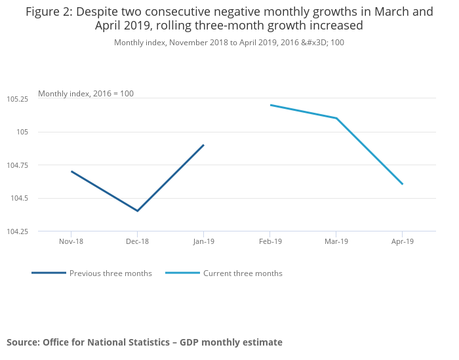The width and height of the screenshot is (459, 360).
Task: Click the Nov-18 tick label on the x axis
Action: [70, 241]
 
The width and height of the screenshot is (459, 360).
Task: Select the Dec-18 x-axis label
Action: [137, 241]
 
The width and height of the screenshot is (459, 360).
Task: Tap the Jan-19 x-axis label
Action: [203, 241]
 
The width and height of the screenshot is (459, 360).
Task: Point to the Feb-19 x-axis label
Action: [269, 241]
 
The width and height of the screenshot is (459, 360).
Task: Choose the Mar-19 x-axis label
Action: [336, 241]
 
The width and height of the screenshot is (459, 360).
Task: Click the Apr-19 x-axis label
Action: [402, 241]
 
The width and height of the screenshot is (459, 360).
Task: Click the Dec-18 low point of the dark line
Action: [137, 211]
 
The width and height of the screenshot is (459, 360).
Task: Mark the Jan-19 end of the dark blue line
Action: [203, 145]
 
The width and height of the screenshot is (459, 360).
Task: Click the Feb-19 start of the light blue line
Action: [270, 105]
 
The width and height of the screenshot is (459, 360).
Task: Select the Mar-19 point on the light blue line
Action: [336, 118]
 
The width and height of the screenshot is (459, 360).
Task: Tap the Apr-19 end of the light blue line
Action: [402, 184]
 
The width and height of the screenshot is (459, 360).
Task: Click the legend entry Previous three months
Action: [110, 273]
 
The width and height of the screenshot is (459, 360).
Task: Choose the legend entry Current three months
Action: [243, 273]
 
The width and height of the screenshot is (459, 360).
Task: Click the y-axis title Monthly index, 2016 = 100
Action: [86, 94]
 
